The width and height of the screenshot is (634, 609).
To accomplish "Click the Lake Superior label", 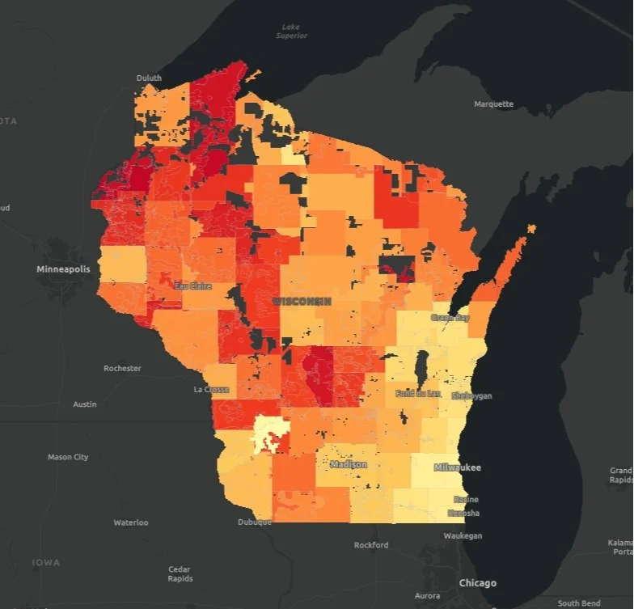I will tap(287, 32).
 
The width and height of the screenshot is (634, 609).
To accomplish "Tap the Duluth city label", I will tap(149, 78).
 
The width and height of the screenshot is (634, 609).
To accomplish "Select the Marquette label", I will tap(493, 104).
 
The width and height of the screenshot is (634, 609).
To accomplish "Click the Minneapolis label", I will tap(64, 269).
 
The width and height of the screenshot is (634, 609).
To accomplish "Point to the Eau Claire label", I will tap(192, 285).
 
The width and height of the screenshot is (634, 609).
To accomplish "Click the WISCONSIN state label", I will tap(302, 301).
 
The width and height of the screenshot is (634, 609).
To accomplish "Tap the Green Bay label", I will tap(450, 318).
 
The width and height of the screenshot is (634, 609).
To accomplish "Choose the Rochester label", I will tap(122, 369).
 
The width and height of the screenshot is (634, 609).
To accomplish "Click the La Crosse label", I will tap(212, 390).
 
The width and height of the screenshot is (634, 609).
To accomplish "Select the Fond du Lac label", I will tap(418, 394).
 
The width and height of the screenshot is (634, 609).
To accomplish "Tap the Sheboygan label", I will tap(473, 396).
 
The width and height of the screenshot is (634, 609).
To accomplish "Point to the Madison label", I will tap(349, 465).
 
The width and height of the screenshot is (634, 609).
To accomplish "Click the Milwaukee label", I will tap(457, 468).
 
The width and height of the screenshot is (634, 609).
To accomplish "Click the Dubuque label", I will tap(254, 522).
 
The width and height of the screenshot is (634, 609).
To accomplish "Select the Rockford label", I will tap(371, 545).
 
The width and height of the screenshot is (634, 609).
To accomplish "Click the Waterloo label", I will tap(130, 522).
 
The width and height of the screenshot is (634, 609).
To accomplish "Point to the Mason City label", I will tap(68, 458).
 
